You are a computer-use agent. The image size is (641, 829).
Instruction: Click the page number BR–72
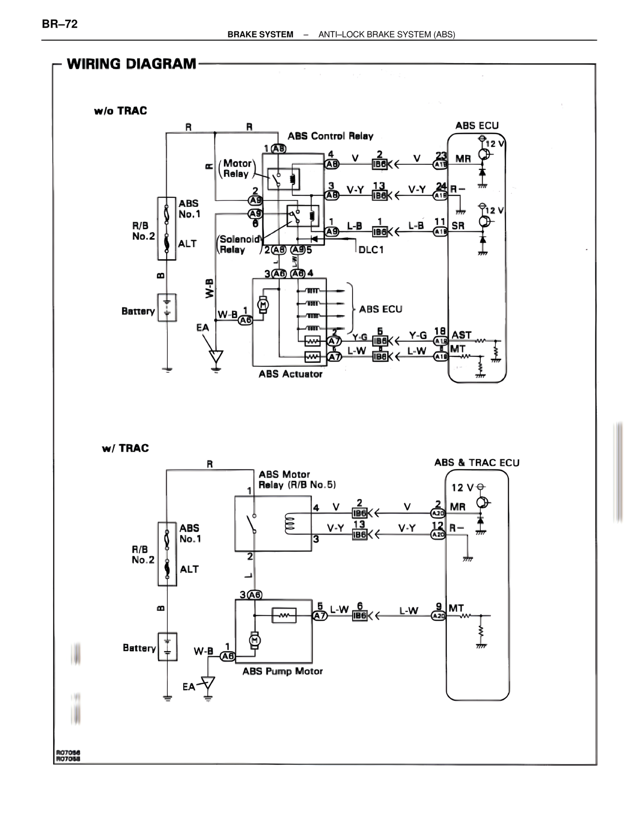[60, 24]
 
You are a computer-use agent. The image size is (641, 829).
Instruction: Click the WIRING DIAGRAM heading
[131, 64]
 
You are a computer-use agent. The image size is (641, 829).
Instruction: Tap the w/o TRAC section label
[120, 111]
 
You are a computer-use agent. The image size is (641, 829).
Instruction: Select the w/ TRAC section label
[125, 448]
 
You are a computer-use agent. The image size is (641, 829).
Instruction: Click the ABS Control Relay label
[330, 136]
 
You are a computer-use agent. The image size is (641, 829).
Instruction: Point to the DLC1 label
[371, 249]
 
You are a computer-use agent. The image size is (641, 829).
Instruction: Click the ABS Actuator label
[290, 374]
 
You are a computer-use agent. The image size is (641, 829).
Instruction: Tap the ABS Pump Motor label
[282, 671]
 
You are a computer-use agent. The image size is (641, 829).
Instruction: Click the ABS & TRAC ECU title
[476, 463]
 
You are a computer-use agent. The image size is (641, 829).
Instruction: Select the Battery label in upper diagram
[138, 311]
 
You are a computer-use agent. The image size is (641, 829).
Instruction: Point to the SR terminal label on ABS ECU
[458, 226]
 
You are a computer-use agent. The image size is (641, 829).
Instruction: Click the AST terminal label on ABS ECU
[461, 335]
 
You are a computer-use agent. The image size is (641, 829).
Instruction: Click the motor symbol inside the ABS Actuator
[262, 304]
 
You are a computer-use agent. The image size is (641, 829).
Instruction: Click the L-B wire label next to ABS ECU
[416, 226]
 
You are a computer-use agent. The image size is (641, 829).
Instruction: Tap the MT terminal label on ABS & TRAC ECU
[456, 608]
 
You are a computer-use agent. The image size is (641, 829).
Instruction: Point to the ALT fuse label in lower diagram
[189, 569]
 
